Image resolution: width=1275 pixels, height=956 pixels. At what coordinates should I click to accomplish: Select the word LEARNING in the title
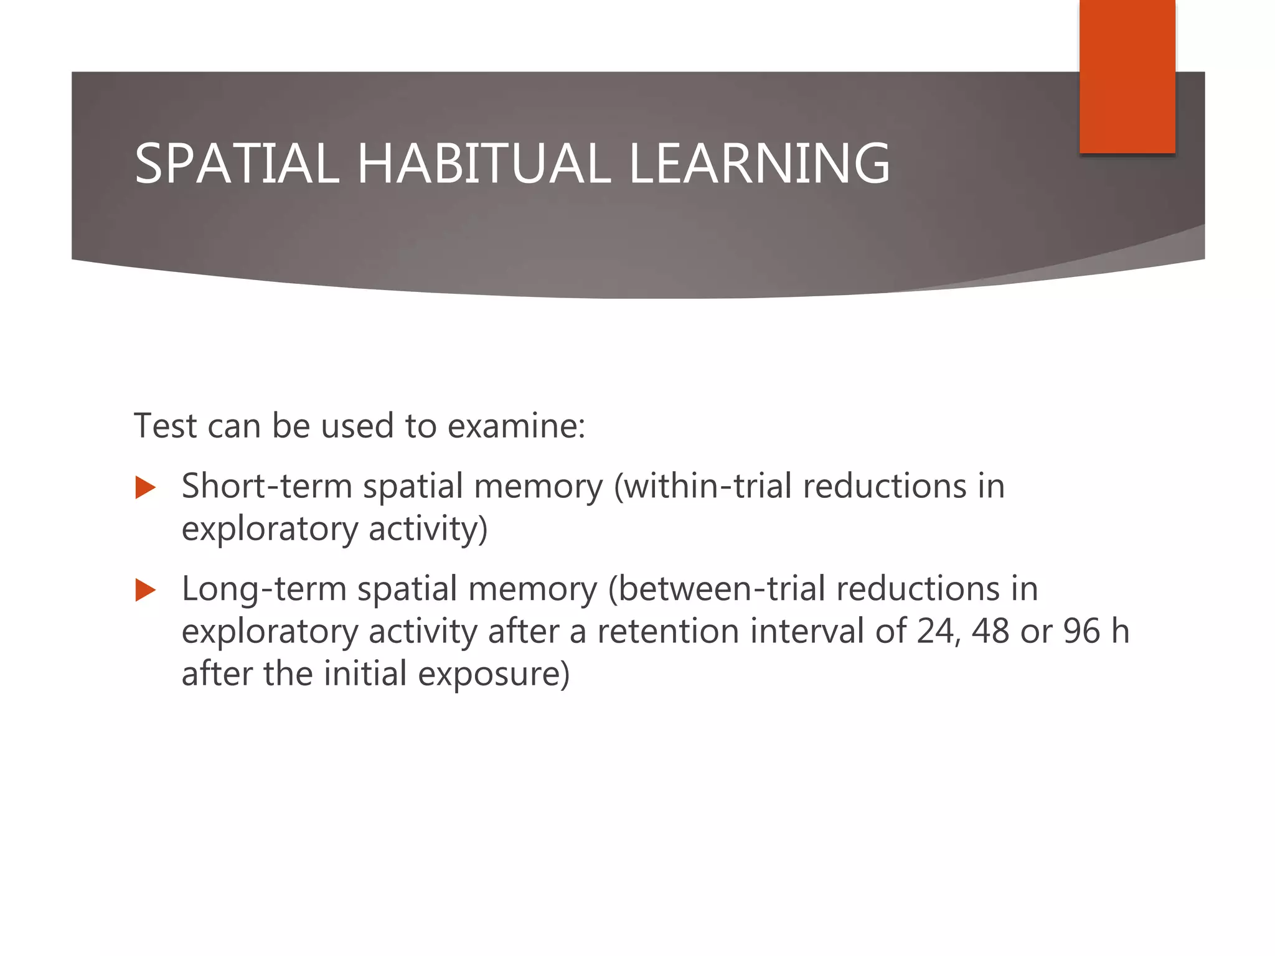pos(760,164)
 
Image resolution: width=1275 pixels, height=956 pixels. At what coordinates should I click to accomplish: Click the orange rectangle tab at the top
pos(1127,77)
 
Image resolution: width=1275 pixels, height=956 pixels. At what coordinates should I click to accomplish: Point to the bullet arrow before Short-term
pos(145,487)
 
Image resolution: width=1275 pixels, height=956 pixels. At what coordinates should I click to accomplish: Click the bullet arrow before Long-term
pos(145,590)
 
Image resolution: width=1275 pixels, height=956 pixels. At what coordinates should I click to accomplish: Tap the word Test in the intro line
pos(165,426)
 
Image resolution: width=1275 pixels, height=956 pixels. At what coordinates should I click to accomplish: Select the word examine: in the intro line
pos(517,426)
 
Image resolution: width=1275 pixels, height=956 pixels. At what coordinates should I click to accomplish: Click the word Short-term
pos(266,486)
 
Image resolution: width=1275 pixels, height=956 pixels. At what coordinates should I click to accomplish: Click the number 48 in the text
pos(990,631)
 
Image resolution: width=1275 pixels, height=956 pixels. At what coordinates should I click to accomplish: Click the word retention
pos(668,631)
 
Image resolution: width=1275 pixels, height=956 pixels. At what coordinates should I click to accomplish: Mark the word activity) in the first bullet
pos(428,529)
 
